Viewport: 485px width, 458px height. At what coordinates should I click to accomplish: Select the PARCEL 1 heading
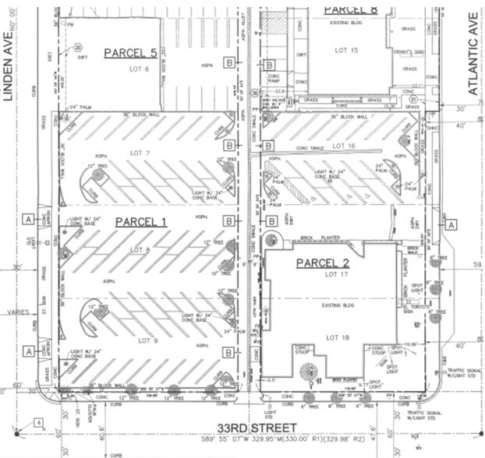141,222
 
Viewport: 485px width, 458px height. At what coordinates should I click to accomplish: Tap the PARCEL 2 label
327,262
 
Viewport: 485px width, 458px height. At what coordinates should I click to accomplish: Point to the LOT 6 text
140,68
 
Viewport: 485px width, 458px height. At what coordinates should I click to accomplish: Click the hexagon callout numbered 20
80,48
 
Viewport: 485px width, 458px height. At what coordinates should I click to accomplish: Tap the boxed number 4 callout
38,423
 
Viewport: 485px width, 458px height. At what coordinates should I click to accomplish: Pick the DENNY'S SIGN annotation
405,52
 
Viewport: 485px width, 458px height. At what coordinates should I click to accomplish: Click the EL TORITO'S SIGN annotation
413,310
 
